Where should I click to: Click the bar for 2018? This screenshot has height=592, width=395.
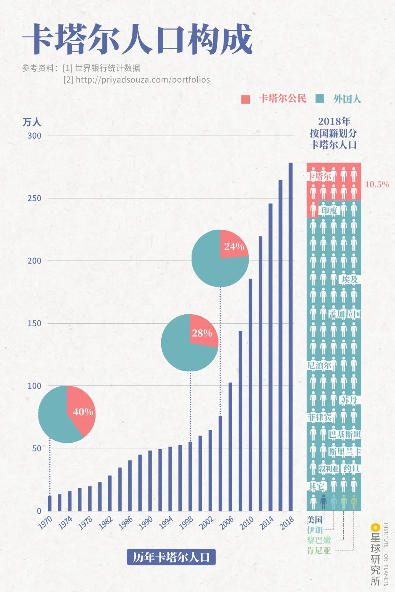(x=291, y=336)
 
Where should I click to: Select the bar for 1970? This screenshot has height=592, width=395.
(x=50, y=503)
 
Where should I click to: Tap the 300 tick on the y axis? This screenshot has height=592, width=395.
(x=34, y=136)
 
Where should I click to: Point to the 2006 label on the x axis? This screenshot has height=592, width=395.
(x=226, y=523)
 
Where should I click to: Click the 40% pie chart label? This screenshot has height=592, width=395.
(x=83, y=412)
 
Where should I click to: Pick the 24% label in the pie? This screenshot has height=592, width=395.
(x=234, y=247)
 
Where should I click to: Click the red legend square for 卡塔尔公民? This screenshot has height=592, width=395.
(x=246, y=99)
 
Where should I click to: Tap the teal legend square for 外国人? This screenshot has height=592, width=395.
(x=320, y=99)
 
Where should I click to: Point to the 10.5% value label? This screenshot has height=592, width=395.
(x=377, y=184)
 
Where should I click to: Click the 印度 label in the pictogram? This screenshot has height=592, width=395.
(x=329, y=210)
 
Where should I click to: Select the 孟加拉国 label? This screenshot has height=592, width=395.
(x=345, y=314)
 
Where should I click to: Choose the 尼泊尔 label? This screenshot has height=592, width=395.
(x=319, y=365)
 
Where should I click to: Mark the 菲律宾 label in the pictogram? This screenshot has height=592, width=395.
(x=319, y=417)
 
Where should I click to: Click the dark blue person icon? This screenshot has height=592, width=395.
(x=323, y=502)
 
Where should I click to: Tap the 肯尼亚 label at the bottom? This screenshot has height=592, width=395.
(x=319, y=550)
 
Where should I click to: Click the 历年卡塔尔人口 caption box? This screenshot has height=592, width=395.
(x=171, y=557)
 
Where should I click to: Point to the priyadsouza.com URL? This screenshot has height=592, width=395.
(x=143, y=80)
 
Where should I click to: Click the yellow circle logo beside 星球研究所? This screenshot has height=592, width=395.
(x=375, y=527)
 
